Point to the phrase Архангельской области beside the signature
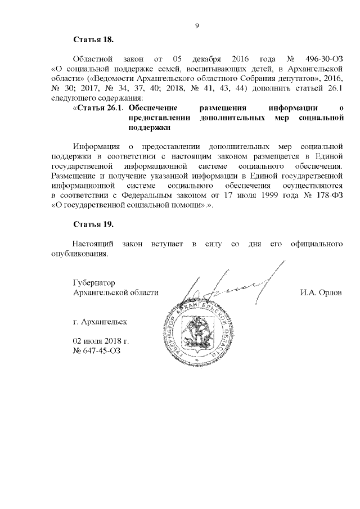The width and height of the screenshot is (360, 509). [116, 293]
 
